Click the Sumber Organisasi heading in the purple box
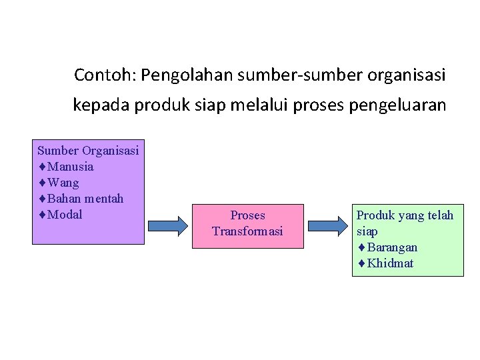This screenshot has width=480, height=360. coord(88,151)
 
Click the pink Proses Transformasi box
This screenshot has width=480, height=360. coord(247,225)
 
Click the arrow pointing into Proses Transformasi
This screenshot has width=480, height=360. coord(168,225)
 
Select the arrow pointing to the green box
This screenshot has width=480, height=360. coord(327,225)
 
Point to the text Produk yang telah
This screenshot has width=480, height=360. coord(405,215)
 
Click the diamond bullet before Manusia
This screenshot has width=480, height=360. coord(42,167)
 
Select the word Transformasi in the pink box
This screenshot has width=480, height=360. coord(247,231)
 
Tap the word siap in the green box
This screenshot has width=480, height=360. coord(367,231)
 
